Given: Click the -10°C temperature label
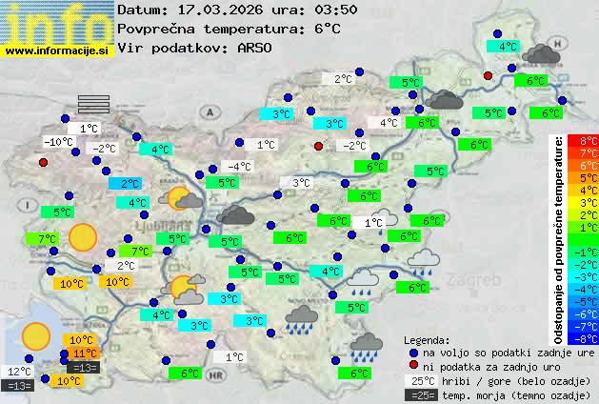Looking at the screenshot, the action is [58, 142].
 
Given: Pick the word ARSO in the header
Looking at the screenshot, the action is [256, 47].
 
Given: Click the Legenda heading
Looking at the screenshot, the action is [427, 339].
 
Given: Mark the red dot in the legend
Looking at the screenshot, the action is [411, 366].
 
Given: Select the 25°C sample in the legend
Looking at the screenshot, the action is [420, 380].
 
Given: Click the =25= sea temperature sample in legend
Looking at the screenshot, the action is [420, 394].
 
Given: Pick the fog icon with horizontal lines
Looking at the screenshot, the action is [93, 103].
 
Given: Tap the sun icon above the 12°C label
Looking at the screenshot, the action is [36, 334].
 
